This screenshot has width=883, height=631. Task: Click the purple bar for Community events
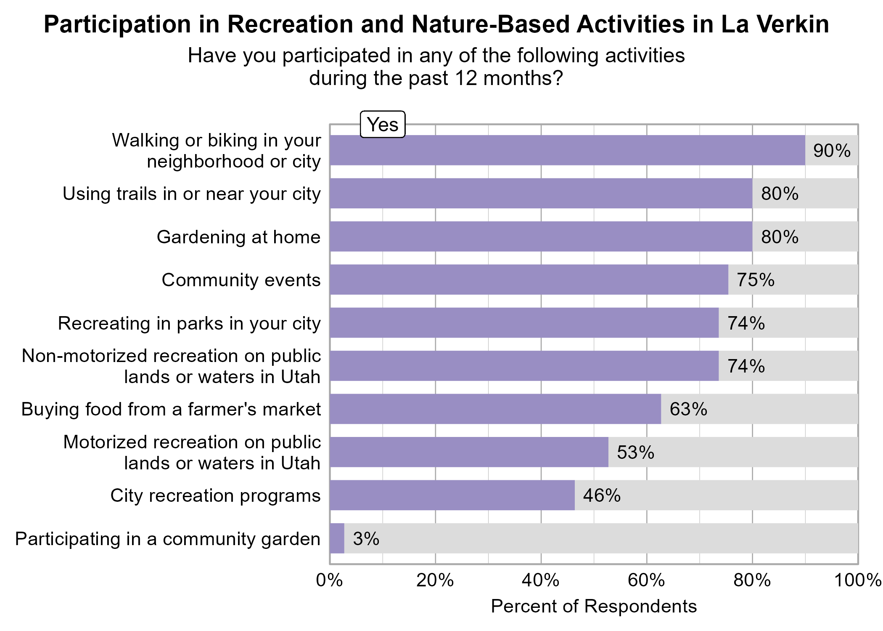529,280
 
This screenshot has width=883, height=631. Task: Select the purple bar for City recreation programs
452,495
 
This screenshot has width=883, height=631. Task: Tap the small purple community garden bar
337,538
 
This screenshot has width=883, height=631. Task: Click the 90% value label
831,151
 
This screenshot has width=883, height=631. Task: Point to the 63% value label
688,409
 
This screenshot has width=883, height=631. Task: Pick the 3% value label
366,538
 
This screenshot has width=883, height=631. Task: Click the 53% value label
635,452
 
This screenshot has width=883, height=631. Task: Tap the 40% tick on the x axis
540,580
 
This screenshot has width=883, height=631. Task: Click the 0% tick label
329,580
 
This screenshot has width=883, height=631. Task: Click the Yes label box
383,125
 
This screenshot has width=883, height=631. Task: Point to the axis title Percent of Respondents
593,606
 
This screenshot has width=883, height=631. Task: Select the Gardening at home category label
238,237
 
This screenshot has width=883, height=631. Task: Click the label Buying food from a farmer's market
171,409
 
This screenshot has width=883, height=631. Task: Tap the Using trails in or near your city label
191,194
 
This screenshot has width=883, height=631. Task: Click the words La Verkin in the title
775,24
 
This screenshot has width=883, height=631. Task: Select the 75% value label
755,280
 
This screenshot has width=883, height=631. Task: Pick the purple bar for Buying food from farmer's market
495,409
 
